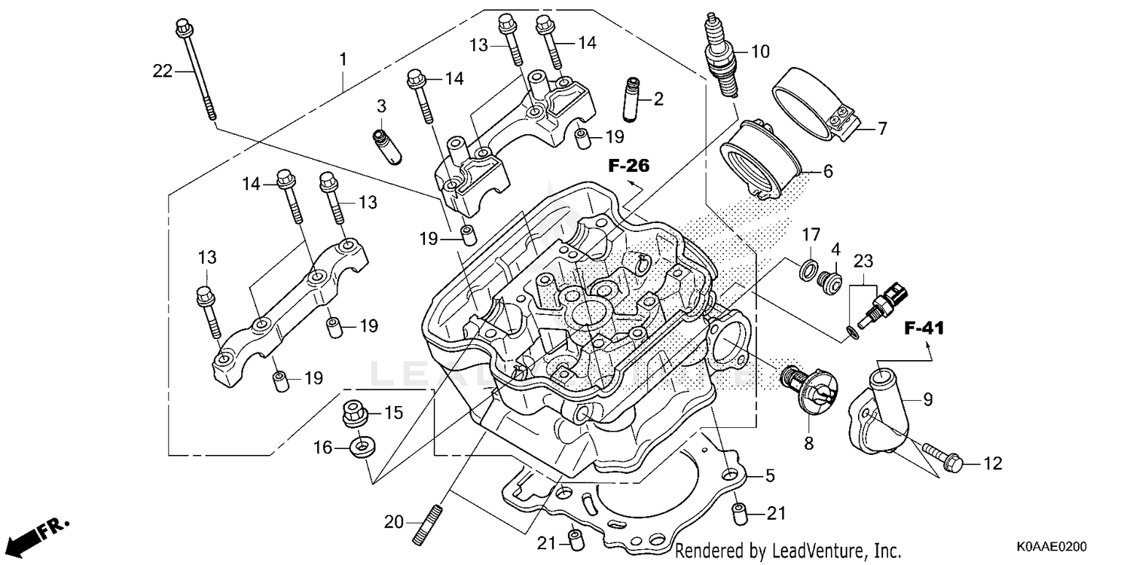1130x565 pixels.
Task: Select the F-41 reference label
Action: pos(924,328)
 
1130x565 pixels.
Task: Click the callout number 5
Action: pos(770,475)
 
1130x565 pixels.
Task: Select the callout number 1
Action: pos(344,58)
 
